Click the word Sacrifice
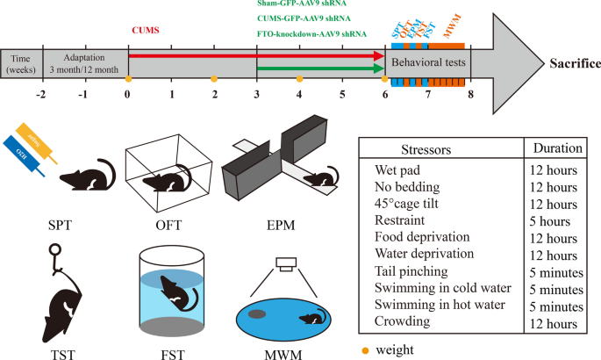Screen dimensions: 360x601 575,63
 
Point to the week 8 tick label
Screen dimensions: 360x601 470,94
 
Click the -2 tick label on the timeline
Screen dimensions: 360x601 40,94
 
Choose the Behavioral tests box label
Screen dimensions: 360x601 428,63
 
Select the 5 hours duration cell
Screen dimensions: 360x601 549,221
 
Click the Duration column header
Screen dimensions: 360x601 553,148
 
